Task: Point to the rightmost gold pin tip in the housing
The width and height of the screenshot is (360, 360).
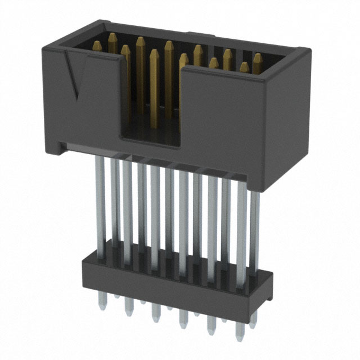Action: [x=257, y=58]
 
